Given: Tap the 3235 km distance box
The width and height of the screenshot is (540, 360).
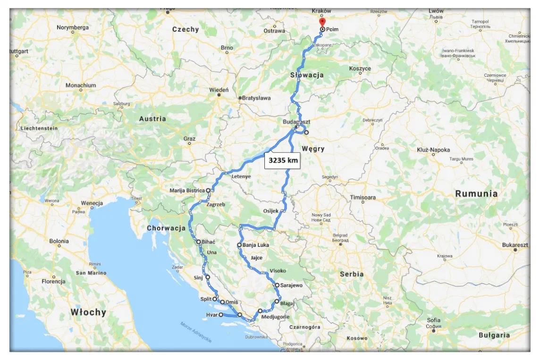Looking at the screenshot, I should pos(283,160).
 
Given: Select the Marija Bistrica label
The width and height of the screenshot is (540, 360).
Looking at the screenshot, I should pos(187,191).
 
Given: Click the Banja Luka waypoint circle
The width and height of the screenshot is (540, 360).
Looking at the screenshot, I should pos(240,245).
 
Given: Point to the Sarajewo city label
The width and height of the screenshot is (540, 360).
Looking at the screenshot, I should pos(291,285).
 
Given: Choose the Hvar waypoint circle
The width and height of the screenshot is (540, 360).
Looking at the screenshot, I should pos(221,315).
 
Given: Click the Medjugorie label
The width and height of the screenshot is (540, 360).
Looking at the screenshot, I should pos(275,317).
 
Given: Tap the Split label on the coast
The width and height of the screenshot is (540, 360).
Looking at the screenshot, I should pos(206,299).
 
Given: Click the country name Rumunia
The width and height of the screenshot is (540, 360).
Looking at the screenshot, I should pos(476,193).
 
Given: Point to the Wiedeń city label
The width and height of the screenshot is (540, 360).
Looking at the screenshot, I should pos(219,90).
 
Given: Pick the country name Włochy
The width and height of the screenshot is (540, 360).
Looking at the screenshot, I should pos(88,312).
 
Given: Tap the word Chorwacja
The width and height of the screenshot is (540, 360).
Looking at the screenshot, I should pos(166,228).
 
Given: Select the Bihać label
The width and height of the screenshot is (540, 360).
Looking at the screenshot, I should pos(208,242).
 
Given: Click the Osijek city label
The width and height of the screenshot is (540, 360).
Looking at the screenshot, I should pos(271,211).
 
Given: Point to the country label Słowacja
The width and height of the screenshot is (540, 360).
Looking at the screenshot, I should pos(306,75).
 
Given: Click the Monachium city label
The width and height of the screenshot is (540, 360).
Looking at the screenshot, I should pos(81,85).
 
